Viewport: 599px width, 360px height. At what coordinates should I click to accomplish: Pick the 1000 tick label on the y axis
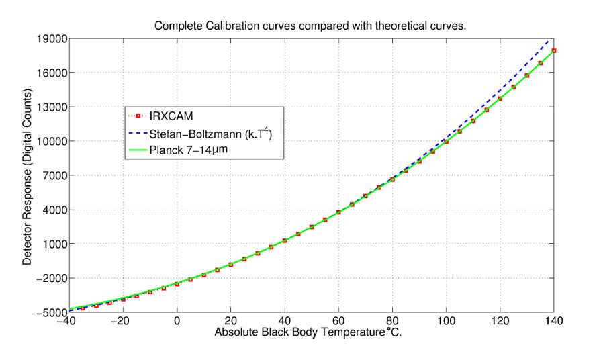tap(51, 244)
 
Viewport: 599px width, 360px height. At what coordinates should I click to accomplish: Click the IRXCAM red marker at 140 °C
tap(554, 50)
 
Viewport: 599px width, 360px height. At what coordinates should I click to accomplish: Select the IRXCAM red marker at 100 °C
tap(446, 142)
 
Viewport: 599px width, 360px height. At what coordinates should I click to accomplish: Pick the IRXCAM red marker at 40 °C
tap(285, 240)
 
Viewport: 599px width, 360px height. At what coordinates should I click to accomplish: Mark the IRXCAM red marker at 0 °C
tap(177, 284)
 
